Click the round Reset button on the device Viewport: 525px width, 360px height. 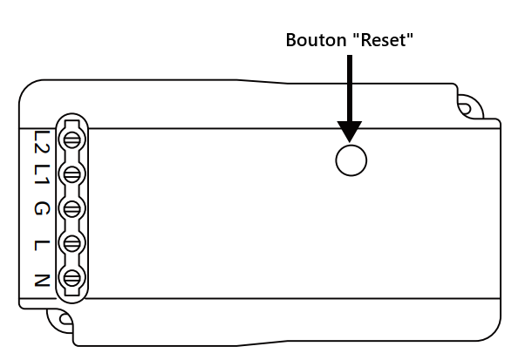(351, 160)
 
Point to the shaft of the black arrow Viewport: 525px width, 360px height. (351, 87)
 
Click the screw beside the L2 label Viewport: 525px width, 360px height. (72, 139)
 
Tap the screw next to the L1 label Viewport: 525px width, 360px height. (72, 174)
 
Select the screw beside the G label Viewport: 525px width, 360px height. (72, 209)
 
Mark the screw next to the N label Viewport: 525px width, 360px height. (72, 279)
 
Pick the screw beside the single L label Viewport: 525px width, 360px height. (72, 243)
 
